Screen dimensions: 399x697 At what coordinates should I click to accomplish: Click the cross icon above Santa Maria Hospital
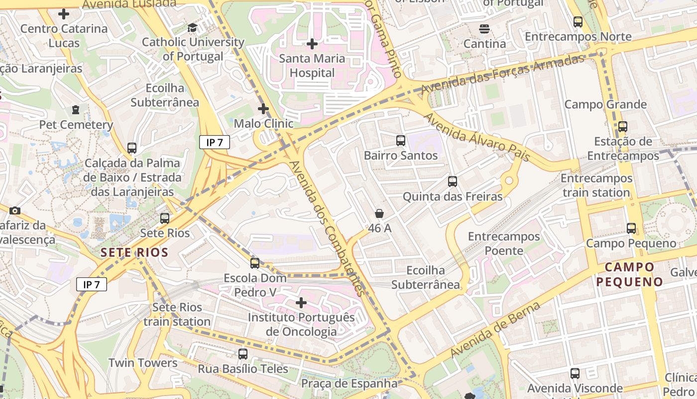coord(312,44)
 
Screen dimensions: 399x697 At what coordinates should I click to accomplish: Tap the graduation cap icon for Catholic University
coord(192,27)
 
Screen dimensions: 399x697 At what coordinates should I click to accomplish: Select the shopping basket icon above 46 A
coord(379,213)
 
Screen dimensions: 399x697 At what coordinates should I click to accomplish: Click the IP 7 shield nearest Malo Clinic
coord(215,142)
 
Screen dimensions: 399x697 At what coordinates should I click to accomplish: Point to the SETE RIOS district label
coord(134,252)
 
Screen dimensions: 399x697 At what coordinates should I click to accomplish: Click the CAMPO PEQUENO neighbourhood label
coord(630,274)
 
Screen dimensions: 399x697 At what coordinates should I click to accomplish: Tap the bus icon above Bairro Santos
coord(401,141)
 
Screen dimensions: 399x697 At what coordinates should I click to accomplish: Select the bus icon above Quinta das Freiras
coord(453,182)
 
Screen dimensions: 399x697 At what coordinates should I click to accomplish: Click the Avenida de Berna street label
coord(495,330)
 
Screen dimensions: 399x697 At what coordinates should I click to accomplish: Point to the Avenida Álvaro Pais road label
coord(476,137)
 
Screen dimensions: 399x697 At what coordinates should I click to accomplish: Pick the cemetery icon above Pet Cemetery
coord(76,109)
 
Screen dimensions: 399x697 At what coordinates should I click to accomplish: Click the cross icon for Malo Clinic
coord(263,108)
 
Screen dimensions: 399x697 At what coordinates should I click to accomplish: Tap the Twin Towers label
coord(143,363)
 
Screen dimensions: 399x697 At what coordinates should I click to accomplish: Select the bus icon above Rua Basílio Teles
coord(243,354)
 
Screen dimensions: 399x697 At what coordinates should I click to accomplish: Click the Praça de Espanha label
coord(349,384)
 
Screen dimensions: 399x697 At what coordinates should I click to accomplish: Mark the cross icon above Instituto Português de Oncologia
coord(301,303)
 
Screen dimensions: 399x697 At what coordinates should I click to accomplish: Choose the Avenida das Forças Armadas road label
coord(502,74)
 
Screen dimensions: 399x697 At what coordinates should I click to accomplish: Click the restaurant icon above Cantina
coord(484,29)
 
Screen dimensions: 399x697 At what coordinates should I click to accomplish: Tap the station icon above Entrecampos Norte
coord(578,22)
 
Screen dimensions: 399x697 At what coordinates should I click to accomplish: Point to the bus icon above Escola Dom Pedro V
coord(255,263)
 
